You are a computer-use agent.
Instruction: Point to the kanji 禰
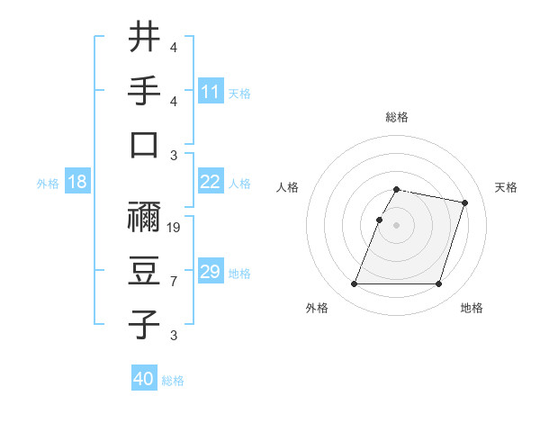coord(144,215)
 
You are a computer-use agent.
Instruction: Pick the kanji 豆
coord(144,270)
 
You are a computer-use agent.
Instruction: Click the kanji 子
coord(144,324)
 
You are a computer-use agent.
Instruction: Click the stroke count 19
coord(175,228)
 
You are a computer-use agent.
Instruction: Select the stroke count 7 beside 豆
coord(174,283)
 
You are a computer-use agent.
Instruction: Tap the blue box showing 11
coord(210,91)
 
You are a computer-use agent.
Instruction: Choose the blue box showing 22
coord(210,182)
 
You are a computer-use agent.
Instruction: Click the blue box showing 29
coord(210,272)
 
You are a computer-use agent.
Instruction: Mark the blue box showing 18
coord(76,182)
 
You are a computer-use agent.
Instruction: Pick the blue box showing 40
coord(143,379)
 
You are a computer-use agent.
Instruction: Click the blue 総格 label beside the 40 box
coord(173,381)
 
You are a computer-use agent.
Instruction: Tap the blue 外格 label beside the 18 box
coord(48,184)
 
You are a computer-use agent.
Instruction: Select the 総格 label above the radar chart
coord(397,118)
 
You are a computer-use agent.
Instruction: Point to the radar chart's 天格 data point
coord(465,203)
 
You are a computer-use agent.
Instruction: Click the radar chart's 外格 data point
coord(355,284)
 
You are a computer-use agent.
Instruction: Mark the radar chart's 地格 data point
coord(439,284)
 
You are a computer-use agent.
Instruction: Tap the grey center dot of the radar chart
coord(397,226)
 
